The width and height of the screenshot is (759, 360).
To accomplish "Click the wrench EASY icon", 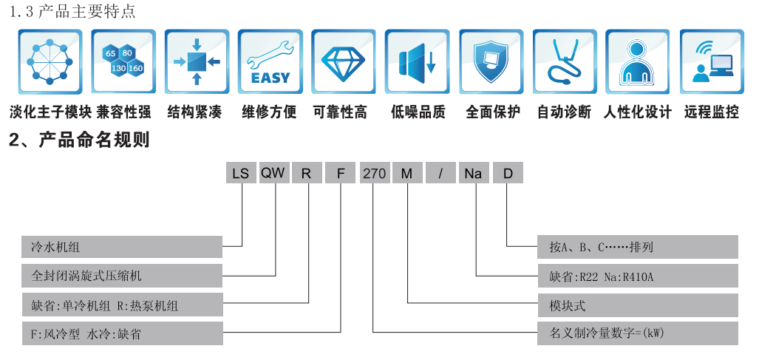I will coord(270,62).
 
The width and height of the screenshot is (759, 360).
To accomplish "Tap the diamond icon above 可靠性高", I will coord(343,62).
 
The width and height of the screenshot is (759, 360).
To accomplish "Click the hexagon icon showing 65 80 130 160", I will coord(123,62).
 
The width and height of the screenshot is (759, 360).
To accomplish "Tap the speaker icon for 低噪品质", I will coord(417,62).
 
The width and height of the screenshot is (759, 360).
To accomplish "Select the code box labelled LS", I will coord(241,174).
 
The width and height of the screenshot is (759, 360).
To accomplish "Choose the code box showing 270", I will coord(374,174).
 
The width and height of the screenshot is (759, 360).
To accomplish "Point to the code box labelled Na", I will coord(474,174).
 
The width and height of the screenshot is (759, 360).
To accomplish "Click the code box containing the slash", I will coord(440,174).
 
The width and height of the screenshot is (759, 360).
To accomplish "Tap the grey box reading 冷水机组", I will coord(122,246).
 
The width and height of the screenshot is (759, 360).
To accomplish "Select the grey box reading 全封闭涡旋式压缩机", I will coord(122,275).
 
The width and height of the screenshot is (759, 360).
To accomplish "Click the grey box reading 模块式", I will coord(637,304).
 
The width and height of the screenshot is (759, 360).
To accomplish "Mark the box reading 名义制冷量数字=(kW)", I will coord(637,333).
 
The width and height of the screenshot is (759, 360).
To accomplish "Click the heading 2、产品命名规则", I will coord(79,140).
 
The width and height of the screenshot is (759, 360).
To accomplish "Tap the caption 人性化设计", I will coord(637,112).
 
